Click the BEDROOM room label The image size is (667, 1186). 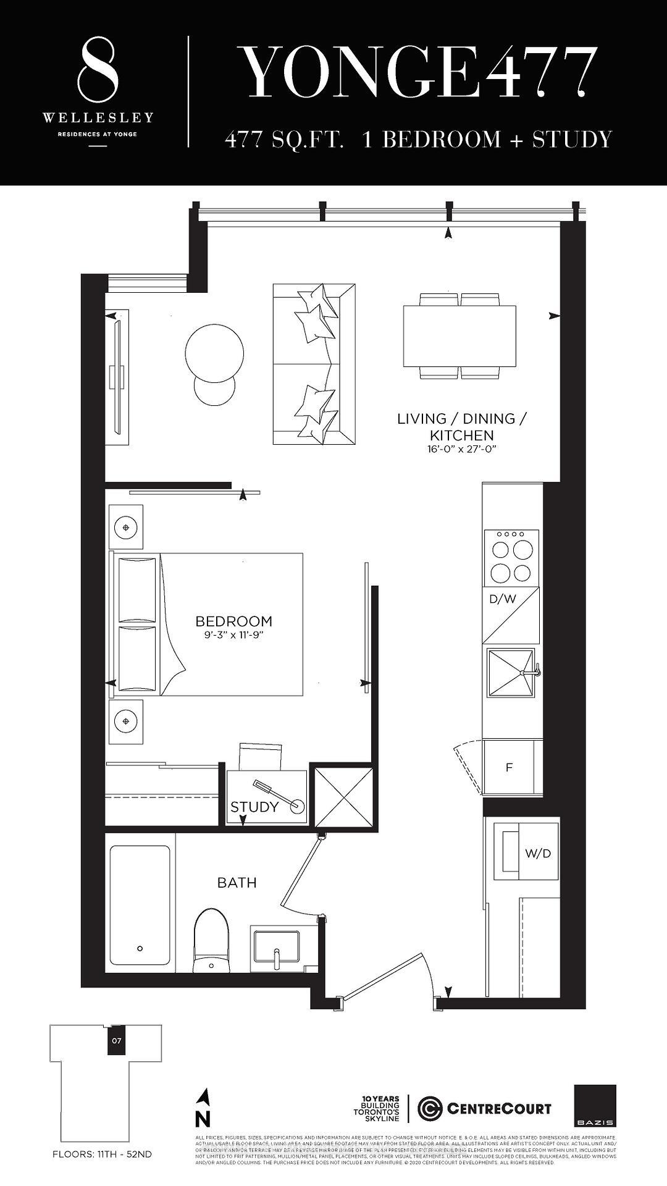click(x=233, y=621)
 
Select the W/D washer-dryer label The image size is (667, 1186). click(x=537, y=854)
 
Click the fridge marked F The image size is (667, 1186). click(x=509, y=768)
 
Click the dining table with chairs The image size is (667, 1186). click(x=459, y=336)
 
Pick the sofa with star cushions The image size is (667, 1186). click(x=314, y=364)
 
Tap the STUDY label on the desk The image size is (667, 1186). click(x=254, y=807)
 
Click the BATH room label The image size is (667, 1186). click(x=237, y=883)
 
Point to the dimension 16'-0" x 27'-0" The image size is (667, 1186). click(x=462, y=449)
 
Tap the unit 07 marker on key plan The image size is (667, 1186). click(x=116, y=1040)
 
